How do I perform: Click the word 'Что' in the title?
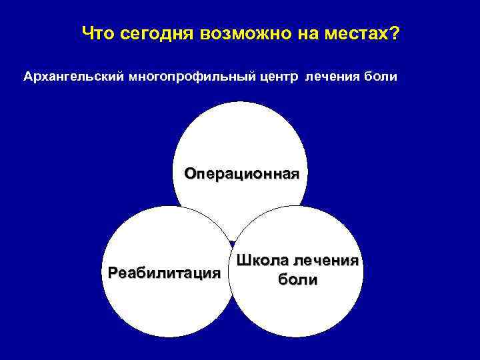97,33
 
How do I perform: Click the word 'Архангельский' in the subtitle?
67,77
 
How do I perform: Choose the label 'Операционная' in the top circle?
242,174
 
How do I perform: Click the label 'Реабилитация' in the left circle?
164,273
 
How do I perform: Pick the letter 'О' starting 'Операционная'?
191,174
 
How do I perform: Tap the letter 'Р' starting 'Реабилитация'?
112,273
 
